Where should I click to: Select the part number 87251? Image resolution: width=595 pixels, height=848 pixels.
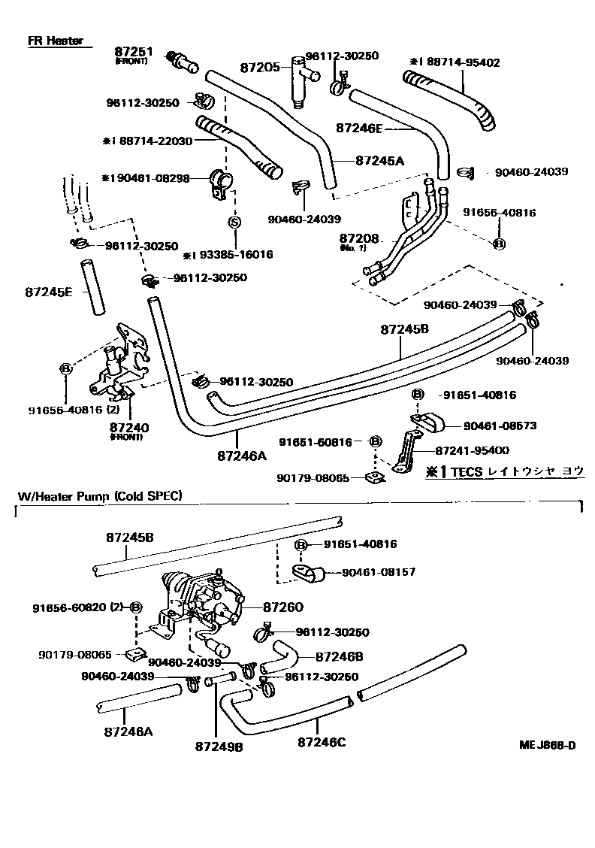pos(134,52)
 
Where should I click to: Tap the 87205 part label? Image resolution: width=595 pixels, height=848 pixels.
pos(260,68)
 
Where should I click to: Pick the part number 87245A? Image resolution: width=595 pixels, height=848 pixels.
pos(379,160)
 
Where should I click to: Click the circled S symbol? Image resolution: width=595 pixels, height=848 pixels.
pos(234,222)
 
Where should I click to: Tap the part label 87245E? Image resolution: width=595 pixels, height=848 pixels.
pos(48,291)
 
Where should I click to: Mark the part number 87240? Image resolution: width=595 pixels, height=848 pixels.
pos(129,427)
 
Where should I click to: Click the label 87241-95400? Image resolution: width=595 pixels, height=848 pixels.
pos(472,450)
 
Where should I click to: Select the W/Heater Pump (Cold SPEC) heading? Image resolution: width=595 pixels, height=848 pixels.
pos(100,495)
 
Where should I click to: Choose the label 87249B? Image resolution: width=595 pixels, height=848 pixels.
pos(219,747)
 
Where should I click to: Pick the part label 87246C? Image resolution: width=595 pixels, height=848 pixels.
pos(322,743)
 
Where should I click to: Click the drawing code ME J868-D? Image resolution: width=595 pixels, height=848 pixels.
pos(547,746)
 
